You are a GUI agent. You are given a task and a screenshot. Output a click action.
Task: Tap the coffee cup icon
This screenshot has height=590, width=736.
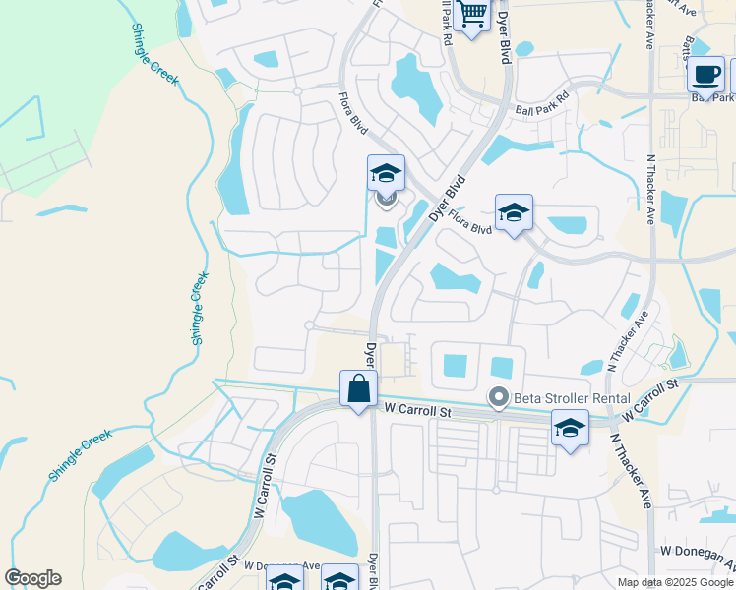click(705, 74)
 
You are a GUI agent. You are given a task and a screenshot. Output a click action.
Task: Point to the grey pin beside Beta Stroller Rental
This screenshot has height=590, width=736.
click(499, 398)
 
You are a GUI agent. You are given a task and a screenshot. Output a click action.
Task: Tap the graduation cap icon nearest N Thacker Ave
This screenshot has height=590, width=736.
click(570, 428)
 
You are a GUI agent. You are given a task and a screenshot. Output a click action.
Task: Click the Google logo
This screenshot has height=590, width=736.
click(32, 578)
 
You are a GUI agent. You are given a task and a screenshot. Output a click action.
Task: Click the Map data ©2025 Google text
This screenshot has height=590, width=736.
click(676, 582)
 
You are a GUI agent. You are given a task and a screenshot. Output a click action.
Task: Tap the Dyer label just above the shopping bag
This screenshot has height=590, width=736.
click(371, 351)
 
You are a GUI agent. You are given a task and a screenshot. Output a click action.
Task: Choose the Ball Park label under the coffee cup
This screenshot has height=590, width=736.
click(710, 97)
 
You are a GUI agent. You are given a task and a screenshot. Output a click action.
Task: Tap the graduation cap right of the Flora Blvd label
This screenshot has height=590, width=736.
click(514, 212)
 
